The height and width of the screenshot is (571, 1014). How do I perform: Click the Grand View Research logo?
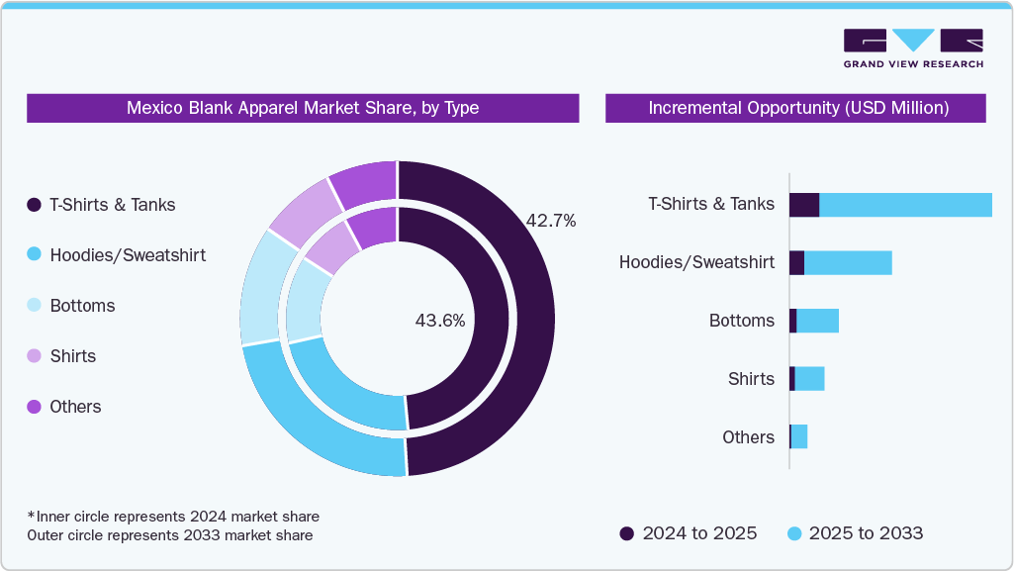[x=912, y=48]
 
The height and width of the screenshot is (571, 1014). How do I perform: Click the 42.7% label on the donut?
[x=551, y=221]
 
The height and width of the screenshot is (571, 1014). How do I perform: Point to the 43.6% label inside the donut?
[x=440, y=321]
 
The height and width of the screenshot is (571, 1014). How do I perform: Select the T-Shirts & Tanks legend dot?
[x=34, y=205]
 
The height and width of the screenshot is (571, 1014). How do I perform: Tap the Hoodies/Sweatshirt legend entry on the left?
[x=117, y=255]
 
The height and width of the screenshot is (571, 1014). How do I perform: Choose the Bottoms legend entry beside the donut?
[x=71, y=306]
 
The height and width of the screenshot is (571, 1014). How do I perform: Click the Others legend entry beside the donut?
[x=64, y=407]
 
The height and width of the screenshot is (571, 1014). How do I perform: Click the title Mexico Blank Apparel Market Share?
[x=303, y=108]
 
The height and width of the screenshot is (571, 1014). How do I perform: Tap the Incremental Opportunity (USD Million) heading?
[x=795, y=108]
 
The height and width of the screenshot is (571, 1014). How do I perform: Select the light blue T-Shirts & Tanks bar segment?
[x=905, y=205]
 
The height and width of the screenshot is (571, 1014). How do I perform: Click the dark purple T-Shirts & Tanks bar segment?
[x=804, y=205]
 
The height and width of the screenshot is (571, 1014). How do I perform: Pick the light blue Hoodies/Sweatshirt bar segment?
[x=848, y=262]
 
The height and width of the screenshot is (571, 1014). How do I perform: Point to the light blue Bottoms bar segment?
[x=817, y=321]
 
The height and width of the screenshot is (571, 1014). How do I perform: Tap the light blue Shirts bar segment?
[x=809, y=379]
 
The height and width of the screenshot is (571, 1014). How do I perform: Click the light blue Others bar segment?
[x=799, y=436]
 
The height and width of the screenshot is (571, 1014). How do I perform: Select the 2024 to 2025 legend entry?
[x=689, y=533]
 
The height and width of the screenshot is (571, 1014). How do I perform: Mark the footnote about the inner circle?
[x=173, y=517]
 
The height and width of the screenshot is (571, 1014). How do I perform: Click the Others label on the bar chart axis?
[x=748, y=437]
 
